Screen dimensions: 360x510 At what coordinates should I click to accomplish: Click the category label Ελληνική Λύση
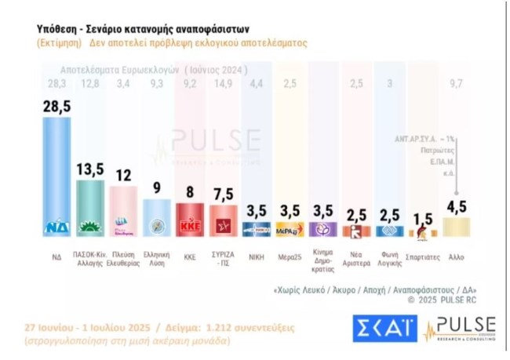tap(157, 257)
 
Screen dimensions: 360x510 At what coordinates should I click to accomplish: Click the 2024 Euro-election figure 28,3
tap(56, 83)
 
